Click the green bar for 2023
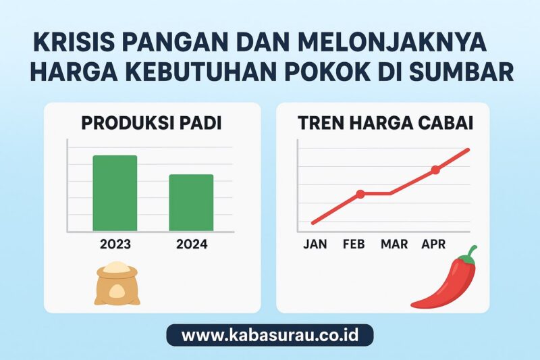pos(115,193)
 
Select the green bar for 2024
pos(191,203)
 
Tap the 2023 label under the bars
pos(115,245)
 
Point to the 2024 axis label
pos(192,245)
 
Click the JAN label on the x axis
pos(315,245)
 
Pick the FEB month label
pos(354,245)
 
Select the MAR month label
pos(394,245)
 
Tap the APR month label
pos(433,245)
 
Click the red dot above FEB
pos(360,194)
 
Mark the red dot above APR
pos(435,170)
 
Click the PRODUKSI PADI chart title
pos(151,124)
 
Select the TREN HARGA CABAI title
pos(385,124)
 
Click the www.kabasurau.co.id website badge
pos(270,335)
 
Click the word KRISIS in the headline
pos(74,43)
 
